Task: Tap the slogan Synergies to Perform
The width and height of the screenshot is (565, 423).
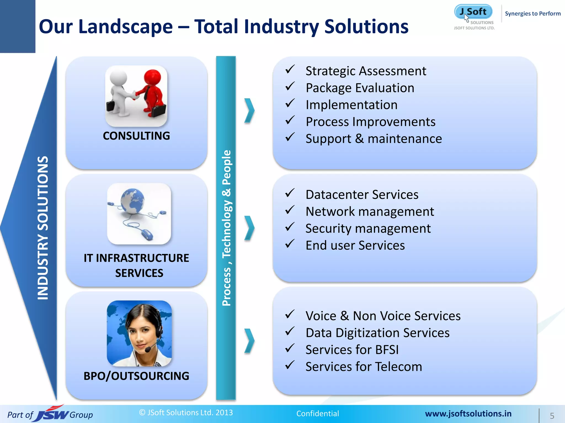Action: point(532,13)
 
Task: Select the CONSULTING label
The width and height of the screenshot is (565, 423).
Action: point(136,136)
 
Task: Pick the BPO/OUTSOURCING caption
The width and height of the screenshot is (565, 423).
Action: point(136,376)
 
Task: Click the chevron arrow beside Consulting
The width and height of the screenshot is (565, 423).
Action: point(249,110)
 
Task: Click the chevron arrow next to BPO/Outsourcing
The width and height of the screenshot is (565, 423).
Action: point(249,341)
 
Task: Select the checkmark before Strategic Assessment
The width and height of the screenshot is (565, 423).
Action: point(290,69)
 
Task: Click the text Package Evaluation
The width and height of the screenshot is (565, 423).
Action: point(360,88)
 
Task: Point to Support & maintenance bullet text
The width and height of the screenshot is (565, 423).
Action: point(374,139)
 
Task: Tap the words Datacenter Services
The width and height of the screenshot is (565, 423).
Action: point(362,194)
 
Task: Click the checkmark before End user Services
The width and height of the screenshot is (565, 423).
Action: point(290,244)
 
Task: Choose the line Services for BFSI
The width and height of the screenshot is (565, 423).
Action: point(352,349)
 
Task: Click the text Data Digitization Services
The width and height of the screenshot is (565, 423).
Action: point(377,333)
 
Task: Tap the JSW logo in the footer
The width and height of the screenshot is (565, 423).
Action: point(52,414)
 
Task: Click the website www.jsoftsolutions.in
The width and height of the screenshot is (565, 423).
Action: point(468,414)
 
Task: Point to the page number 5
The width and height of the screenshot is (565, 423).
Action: point(552,416)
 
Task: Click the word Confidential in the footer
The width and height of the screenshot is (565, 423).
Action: point(318,413)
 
